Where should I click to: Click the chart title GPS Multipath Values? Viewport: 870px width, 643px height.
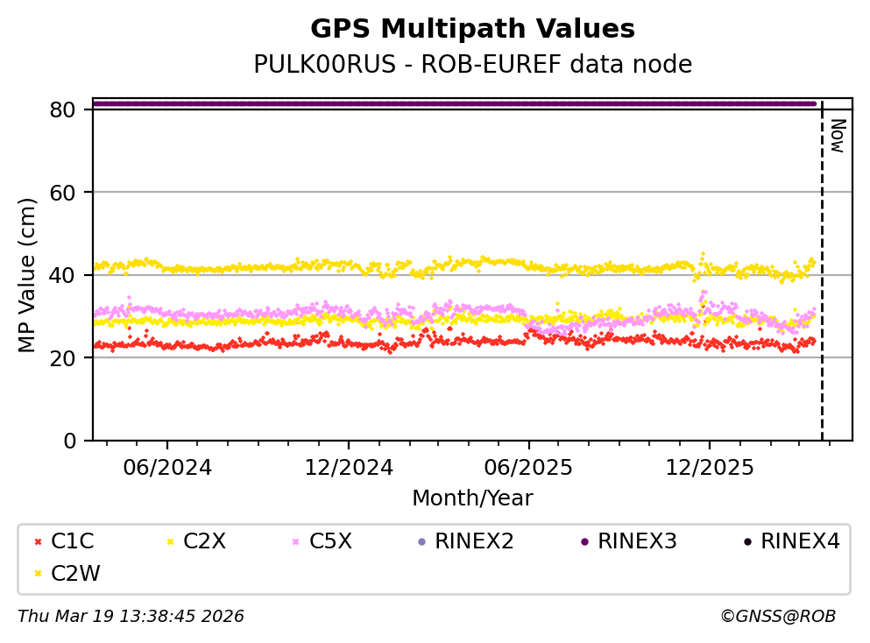pyautogui.click(x=472, y=29)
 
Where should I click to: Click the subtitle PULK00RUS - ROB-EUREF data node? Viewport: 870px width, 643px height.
pyautogui.click(x=472, y=64)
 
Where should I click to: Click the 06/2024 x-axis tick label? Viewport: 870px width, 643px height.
pyautogui.click(x=167, y=467)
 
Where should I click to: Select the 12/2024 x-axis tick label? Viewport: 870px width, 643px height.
pyautogui.click(x=348, y=467)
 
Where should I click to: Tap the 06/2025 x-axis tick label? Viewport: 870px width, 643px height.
pyautogui.click(x=528, y=467)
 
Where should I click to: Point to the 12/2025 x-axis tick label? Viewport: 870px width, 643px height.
pyautogui.click(x=709, y=467)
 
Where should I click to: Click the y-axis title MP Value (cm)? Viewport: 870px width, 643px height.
pyautogui.click(x=28, y=275)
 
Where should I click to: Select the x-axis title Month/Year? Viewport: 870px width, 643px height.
pyautogui.click(x=472, y=498)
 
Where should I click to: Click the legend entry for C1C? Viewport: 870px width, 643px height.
pyautogui.click(x=67, y=541)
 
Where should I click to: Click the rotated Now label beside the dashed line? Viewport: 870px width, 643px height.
pyautogui.click(x=838, y=137)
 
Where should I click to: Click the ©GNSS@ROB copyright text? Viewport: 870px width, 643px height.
pyautogui.click(x=778, y=617)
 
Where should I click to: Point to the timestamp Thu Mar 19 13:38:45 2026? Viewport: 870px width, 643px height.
pyautogui.click(x=131, y=617)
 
